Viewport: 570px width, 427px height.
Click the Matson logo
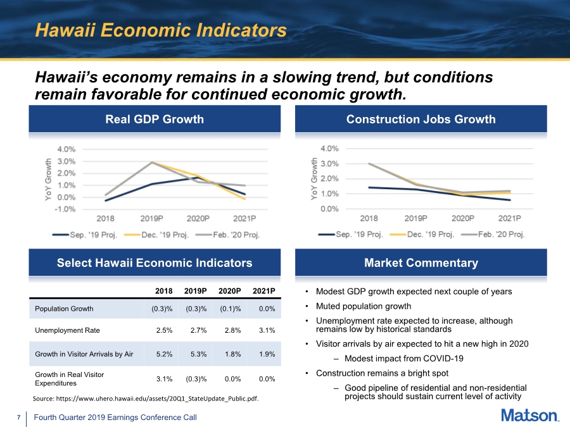(530, 416)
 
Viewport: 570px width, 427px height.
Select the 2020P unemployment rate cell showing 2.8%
(232, 330)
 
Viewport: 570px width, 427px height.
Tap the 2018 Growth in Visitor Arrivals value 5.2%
(164, 354)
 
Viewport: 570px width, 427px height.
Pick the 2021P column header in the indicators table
(264, 291)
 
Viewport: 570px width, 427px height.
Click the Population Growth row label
(64, 309)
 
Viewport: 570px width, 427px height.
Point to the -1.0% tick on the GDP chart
(65, 209)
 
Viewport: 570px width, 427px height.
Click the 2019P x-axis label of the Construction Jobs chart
(416, 218)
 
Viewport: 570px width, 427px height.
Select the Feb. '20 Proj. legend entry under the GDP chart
(227, 235)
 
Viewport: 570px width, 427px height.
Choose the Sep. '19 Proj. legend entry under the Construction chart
(350, 234)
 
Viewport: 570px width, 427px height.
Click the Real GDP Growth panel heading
(155, 119)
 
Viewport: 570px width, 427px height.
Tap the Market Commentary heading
(421, 263)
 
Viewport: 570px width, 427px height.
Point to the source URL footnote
(146, 399)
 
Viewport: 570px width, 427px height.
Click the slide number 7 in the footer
(19, 418)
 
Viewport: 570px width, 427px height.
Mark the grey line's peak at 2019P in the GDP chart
(152, 162)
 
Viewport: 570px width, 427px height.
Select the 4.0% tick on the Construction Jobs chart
(329, 149)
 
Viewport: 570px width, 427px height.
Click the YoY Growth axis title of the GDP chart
(48, 180)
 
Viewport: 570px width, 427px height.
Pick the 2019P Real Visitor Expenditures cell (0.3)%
(196, 379)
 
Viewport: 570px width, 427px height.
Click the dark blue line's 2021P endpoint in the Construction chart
(510, 200)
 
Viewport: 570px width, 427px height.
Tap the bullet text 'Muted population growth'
(364, 306)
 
